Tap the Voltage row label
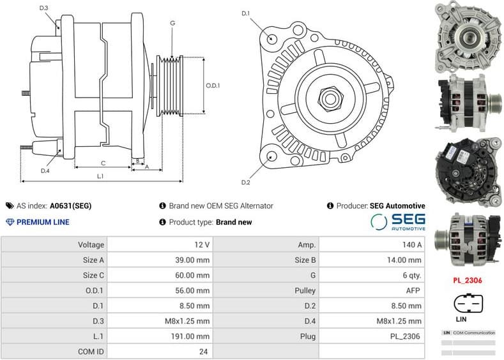pos(91,244)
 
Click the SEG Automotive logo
pos(397,221)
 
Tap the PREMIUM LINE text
pos(43,222)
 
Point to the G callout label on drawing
pos(172,23)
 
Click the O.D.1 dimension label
pos(213,86)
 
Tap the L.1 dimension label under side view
pos(101,176)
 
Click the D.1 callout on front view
pos(246,13)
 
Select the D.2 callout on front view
pos(246,183)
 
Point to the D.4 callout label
pos(45,170)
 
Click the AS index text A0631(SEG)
pos(70,206)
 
